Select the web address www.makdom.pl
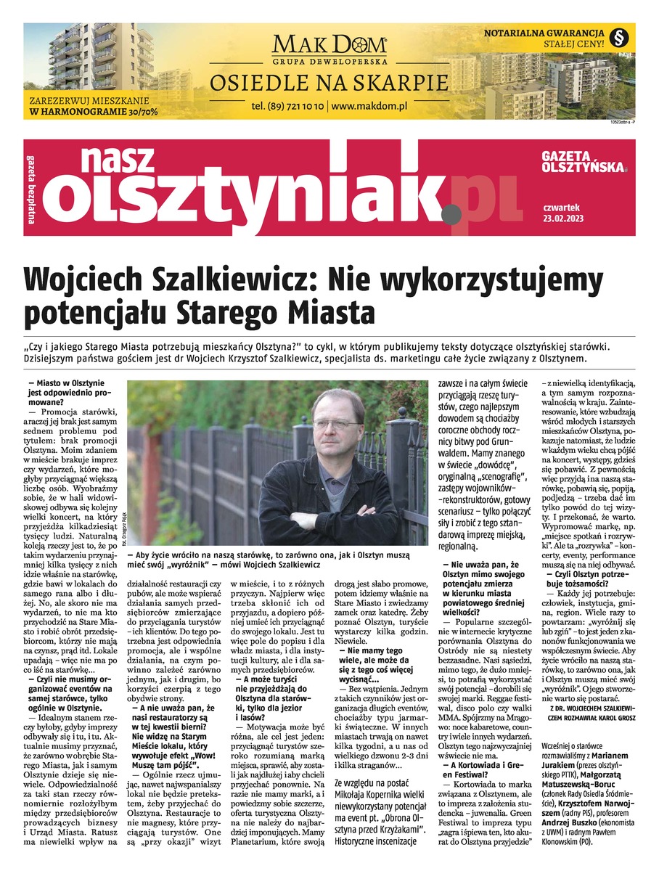(x=369, y=106)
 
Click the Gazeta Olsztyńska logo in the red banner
(x=584, y=162)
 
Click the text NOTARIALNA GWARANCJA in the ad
(x=544, y=33)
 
